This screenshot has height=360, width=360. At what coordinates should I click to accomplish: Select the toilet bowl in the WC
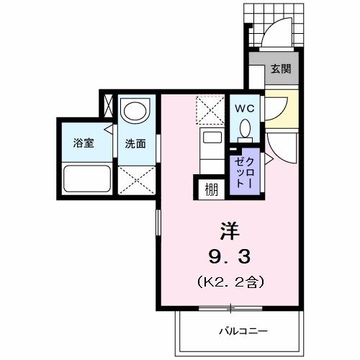pyautogui.click(x=244, y=129)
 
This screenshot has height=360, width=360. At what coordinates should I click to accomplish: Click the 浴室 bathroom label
pyautogui.click(x=84, y=143)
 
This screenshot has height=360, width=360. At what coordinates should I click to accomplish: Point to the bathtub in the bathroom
pyautogui.click(x=86, y=177)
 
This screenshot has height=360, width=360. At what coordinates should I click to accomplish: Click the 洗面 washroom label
pyautogui.click(x=135, y=143)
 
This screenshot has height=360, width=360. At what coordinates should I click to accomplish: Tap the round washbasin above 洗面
pyautogui.click(x=133, y=111)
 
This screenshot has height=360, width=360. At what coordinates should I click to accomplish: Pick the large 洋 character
pyautogui.click(x=229, y=230)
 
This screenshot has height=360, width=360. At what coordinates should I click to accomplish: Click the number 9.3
pyautogui.click(x=229, y=256)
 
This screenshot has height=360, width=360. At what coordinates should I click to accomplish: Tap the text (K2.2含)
pyautogui.click(x=229, y=281)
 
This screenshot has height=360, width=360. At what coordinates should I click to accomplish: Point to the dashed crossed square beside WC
pyautogui.click(x=211, y=112)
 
